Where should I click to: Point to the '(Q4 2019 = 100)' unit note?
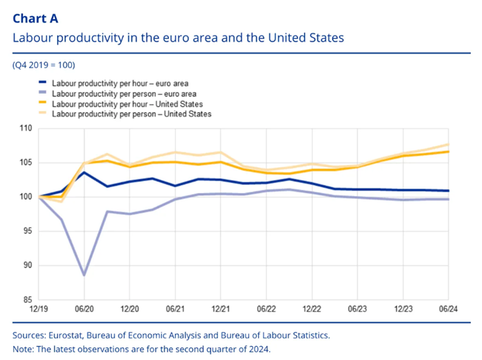click(x=44, y=65)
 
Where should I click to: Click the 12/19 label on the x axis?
click(x=39, y=307)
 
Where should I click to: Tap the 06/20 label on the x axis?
click(x=85, y=307)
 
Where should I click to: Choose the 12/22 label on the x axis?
click(x=312, y=307)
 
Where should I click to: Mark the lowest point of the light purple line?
click(x=85, y=275)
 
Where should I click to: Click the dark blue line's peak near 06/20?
click(x=85, y=172)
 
